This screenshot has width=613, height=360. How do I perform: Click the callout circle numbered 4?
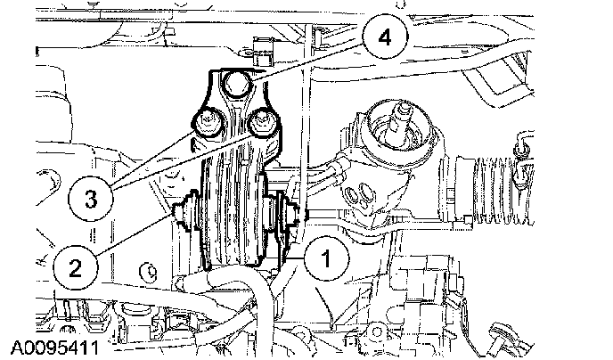coord(383,38)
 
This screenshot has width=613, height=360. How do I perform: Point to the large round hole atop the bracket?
coord(236,85)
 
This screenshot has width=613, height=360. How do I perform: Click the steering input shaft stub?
coord(398,113)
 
